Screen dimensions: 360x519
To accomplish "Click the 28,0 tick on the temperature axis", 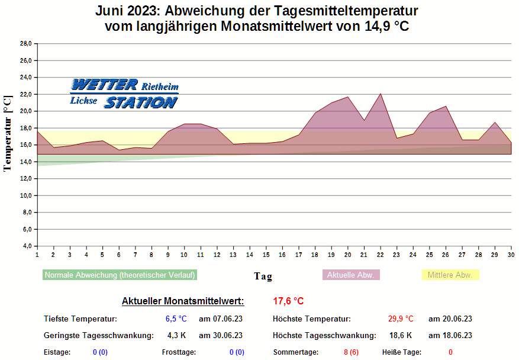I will [x=25, y=44].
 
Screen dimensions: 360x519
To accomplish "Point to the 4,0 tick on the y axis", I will [x=25, y=246].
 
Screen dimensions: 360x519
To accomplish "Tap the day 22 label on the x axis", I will [x=380, y=255].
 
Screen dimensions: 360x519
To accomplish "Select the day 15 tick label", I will [x=266, y=255].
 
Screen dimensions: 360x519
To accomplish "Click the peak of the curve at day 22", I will [x=381, y=94].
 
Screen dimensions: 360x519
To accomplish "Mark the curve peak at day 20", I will [x=348, y=97].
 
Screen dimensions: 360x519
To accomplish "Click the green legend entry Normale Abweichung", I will [x=120, y=275].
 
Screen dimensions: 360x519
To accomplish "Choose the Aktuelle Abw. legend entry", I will [x=350, y=275].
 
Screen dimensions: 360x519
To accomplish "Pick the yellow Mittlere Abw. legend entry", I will [x=450, y=275].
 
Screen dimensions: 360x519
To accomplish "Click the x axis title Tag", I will [x=263, y=276].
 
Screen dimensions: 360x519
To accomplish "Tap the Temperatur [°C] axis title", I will [x=8, y=133].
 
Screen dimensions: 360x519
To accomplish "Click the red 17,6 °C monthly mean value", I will [x=288, y=301].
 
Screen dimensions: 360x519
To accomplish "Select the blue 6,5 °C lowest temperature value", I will [x=176, y=319].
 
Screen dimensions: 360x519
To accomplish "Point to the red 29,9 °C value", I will [x=401, y=319].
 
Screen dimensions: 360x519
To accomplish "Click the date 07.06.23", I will [x=221, y=319].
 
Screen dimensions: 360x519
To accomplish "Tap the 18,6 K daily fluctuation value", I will [x=401, y=335].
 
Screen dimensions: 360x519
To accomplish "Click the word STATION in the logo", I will [x=141, y=102].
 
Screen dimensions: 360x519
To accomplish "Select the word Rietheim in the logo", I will [x=160, y=86].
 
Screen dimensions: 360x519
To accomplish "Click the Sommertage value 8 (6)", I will [x=351, y=352].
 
